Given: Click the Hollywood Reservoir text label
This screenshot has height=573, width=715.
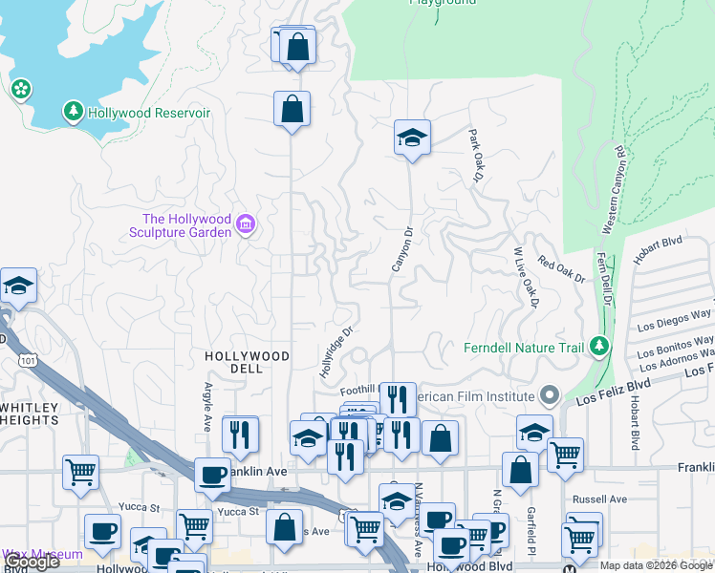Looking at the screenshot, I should click(x=148, y=113).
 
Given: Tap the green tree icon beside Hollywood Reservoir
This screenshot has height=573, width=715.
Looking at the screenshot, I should click(x=74, y=113).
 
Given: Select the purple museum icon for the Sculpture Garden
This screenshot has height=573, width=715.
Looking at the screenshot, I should click(x=246, y=224).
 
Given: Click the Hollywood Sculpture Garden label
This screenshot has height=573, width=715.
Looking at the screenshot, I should click(x=187, y=225).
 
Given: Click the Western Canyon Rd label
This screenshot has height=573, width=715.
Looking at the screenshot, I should click(x=613, y=191).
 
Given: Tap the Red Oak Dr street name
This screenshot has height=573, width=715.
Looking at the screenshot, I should click(x=560, y=269).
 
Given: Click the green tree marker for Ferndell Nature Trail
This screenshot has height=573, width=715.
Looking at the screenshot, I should click(x=599, y=346).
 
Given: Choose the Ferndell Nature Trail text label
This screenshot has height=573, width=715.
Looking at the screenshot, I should click(x=523, y=348).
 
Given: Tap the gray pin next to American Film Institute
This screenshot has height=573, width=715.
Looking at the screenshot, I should click(x=549, y=395).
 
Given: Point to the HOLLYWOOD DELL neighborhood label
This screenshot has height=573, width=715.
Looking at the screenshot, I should click(x=248, y=356).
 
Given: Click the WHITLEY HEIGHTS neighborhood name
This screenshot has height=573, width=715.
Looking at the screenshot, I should click(x=31, y=414).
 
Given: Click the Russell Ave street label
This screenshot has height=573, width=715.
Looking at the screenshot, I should click(x=598, y=499).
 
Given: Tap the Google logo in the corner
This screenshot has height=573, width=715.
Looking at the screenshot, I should click(x=32, y=562).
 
